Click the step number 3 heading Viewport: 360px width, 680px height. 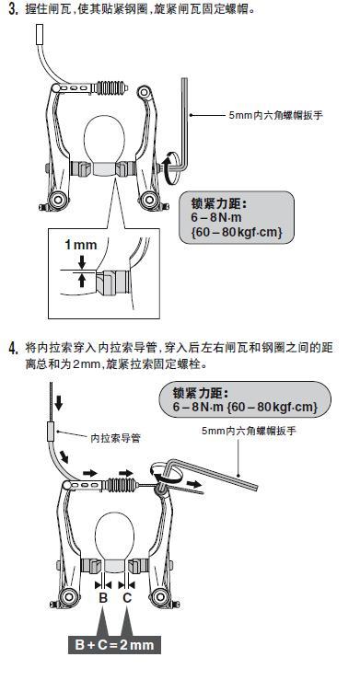[13, 9]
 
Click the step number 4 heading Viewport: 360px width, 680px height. [14, 348]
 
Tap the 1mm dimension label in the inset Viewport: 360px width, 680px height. [81, 245]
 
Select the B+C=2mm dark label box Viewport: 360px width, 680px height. [114, 644]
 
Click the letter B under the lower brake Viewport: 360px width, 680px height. [103, 598]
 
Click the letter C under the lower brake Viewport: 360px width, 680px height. [127, 598]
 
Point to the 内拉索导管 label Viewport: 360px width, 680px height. [115, 438]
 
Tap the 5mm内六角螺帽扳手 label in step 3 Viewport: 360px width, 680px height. [276, 115]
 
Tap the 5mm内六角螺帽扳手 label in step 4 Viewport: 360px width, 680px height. [249, 431]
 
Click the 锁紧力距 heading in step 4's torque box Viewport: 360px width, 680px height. [200, 393]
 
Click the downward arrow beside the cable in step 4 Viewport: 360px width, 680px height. [59, 402]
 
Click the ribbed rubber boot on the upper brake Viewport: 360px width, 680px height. [110, 88]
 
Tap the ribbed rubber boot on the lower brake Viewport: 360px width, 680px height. [121, 484]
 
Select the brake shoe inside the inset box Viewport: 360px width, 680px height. [112, 282]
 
